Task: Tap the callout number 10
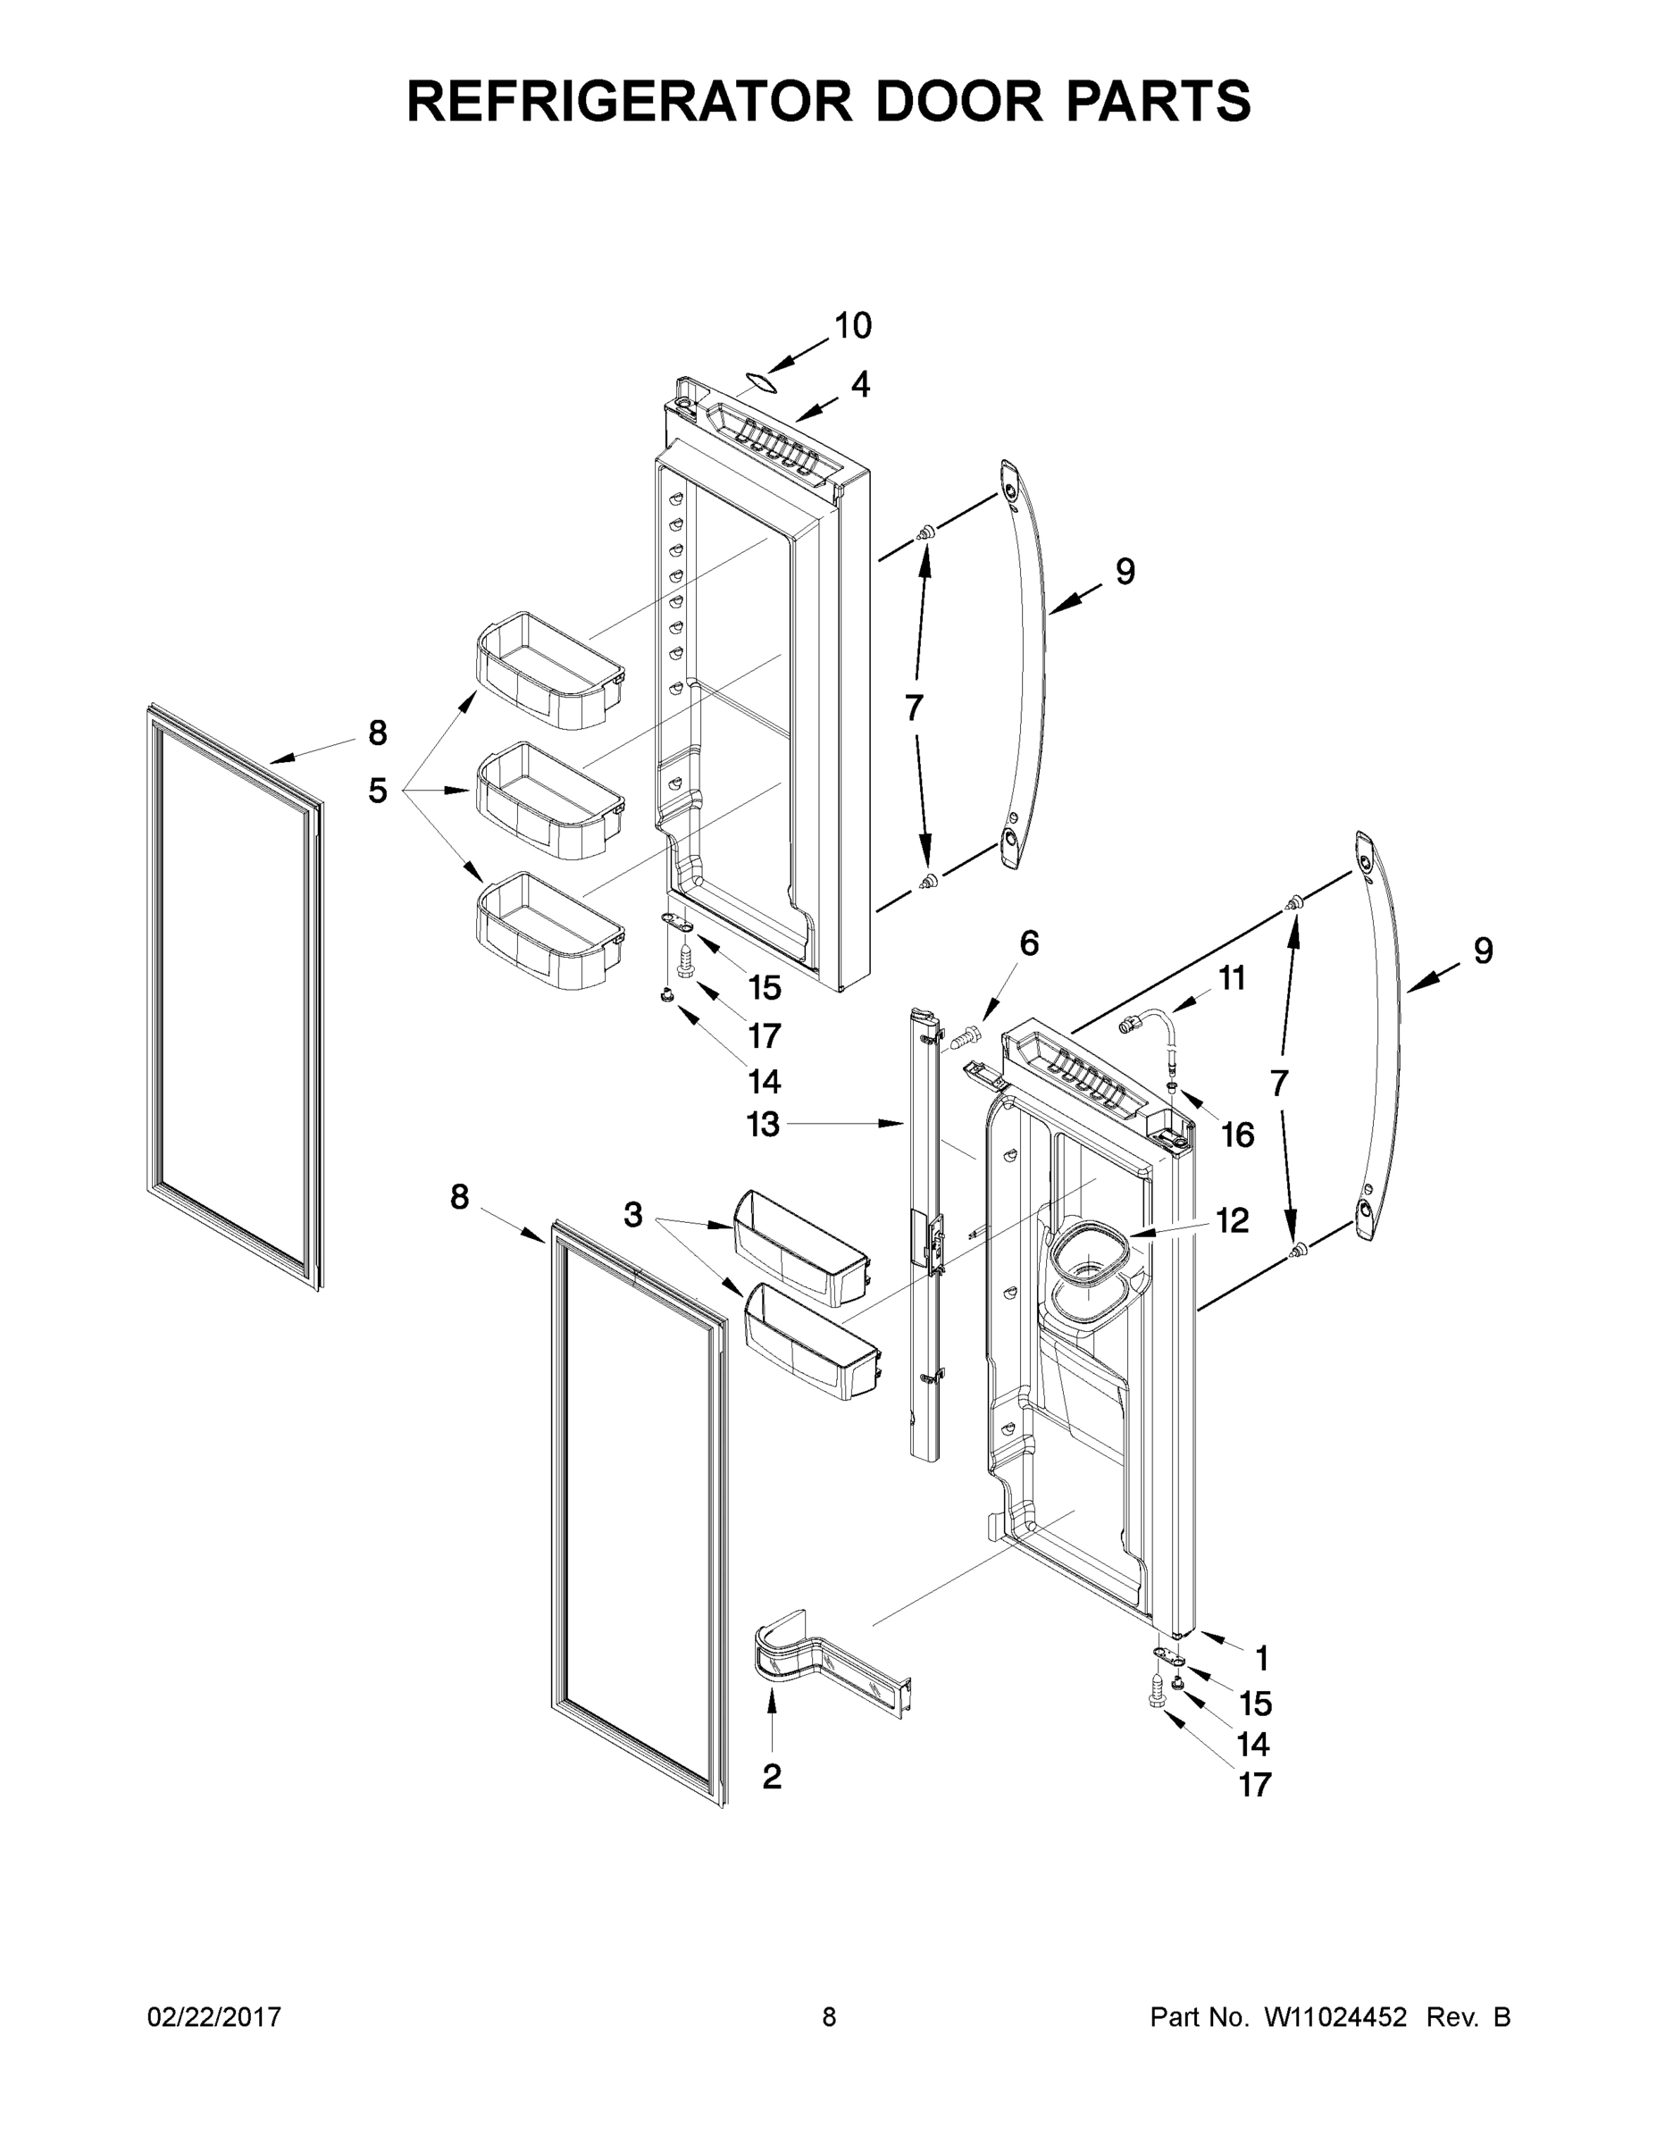tap(852, 326)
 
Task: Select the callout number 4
tap(860, 385)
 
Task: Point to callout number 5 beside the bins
tap(378, 791)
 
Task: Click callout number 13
tap(763, 1124)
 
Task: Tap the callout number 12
tap(1232, 1220)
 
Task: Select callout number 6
tap(1028, 943)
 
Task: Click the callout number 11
tap(1232, 978)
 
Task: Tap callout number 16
tap(1237, 1135)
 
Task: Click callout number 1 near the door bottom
tap(1262, 1659)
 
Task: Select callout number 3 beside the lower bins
tap(633, 1214)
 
